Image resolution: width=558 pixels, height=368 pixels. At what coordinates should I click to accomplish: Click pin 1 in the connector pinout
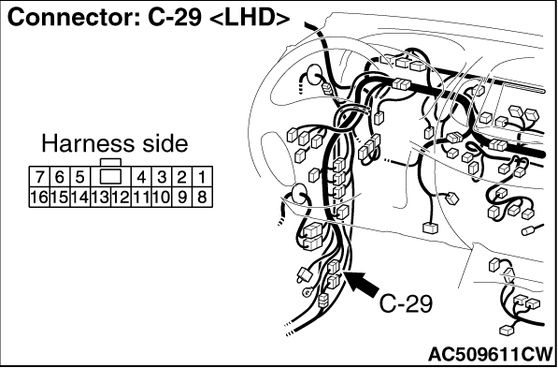202,177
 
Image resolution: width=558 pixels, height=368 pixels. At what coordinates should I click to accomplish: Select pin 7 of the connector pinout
39,177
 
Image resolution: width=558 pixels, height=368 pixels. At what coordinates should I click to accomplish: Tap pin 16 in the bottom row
39,197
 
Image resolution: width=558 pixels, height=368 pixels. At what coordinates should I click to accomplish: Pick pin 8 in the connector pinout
202,197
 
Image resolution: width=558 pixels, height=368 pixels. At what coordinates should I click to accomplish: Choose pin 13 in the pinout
100,197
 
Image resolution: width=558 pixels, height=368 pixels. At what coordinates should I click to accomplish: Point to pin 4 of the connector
141,177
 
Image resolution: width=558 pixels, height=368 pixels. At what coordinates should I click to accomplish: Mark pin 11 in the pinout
141,197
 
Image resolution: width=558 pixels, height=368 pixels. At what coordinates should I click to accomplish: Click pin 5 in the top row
80,177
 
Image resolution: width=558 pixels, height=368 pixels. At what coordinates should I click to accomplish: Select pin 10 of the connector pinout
162,197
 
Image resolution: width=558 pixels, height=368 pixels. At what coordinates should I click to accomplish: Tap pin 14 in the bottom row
80,197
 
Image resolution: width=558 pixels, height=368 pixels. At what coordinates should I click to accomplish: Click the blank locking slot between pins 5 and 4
110,177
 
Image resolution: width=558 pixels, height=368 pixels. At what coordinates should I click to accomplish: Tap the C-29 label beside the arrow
406,304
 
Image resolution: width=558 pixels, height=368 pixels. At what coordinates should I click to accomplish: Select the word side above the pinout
160,144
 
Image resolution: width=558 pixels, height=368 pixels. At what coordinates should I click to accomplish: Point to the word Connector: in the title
75,18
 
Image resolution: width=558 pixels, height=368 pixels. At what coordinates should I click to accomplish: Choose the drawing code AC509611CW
491,354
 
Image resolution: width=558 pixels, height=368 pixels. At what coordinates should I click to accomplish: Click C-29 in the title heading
175,18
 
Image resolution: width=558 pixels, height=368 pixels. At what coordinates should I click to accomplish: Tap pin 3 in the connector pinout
162,177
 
